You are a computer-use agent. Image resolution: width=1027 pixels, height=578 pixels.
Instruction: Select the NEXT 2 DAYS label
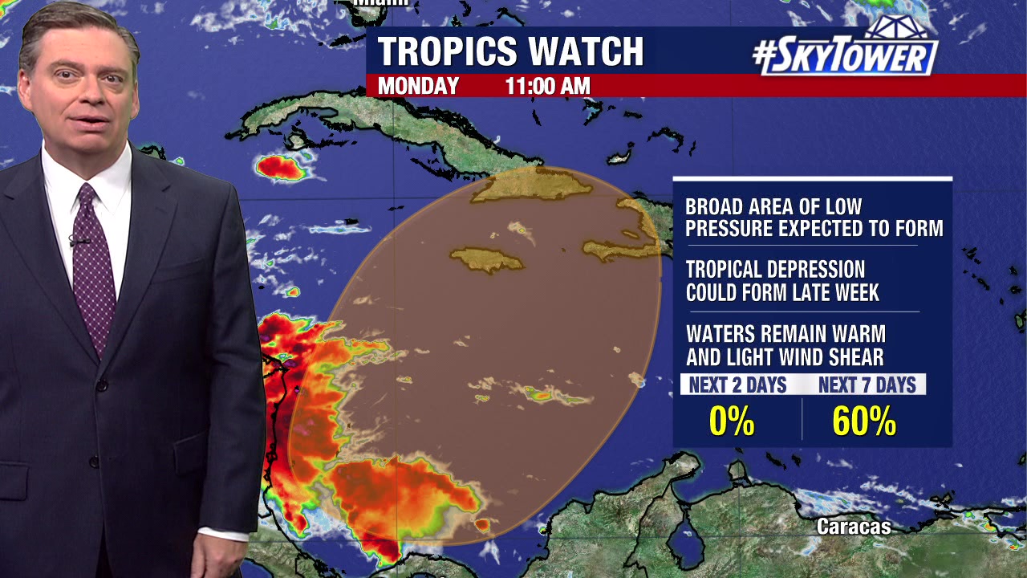point(737,385)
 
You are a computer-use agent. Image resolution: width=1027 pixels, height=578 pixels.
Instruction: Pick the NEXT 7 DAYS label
point(867,385)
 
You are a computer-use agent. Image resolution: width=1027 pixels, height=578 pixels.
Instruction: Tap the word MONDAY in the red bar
point(418,86)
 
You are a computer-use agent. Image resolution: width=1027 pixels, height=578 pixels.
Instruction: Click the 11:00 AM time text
point(547,86)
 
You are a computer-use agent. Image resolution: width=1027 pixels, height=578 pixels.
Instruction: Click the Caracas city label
point(854,527)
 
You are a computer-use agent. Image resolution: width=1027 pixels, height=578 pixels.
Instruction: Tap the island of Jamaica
point(486,259)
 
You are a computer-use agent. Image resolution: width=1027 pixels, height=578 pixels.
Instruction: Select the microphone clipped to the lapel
point(78,239)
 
